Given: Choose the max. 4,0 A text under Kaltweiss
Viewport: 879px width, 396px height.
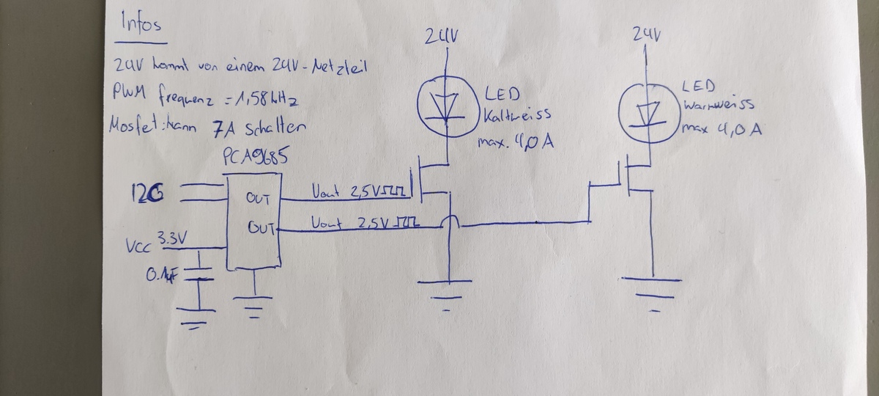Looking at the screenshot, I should tap(513, 138).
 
